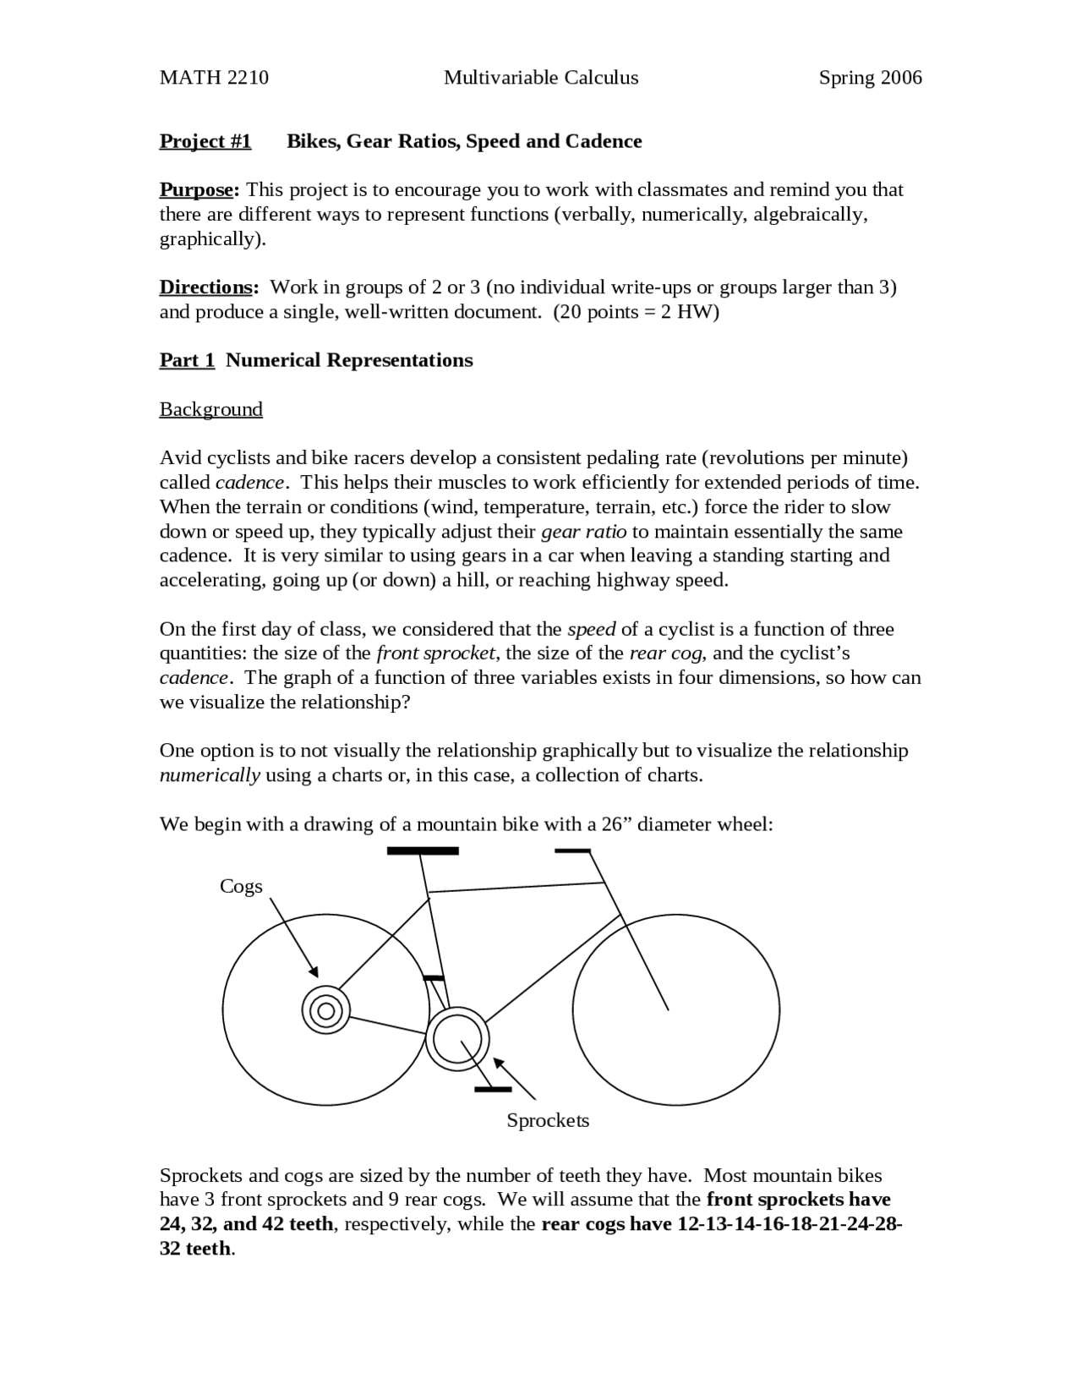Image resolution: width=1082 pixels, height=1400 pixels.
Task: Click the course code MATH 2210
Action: click(214, 78)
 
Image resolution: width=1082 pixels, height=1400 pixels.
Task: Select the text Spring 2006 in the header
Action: click(870, 78)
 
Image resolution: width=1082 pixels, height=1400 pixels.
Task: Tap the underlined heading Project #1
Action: click(205, 141)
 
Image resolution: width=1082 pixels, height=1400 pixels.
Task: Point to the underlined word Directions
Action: click(208, 287)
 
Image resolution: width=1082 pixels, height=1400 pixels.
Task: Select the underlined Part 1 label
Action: click(187, 360)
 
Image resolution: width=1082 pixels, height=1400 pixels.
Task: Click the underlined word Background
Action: click(210, 409)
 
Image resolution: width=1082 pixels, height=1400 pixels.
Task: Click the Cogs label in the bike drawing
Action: click(241, 886)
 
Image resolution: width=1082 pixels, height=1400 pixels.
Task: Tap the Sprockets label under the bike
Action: click(548, 1120)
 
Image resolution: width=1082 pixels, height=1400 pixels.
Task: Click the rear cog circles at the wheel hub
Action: click(325, 1010)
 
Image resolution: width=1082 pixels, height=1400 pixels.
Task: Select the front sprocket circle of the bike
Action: click(457, 1039)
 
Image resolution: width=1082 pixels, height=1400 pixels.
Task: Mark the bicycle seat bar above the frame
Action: click(423, 850)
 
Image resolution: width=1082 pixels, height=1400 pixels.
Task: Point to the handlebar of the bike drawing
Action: click(572, 850)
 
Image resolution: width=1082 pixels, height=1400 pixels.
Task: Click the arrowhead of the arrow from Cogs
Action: click(314, 972)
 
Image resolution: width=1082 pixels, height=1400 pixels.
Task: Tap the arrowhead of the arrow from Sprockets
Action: click(499, 1062)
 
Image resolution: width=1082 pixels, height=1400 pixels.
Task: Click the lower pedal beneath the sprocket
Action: click(493, 1089)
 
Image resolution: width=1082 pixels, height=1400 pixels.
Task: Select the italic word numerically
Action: click(210, 775)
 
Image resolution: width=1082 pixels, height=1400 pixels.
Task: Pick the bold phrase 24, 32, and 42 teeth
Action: click(246, 1224)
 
